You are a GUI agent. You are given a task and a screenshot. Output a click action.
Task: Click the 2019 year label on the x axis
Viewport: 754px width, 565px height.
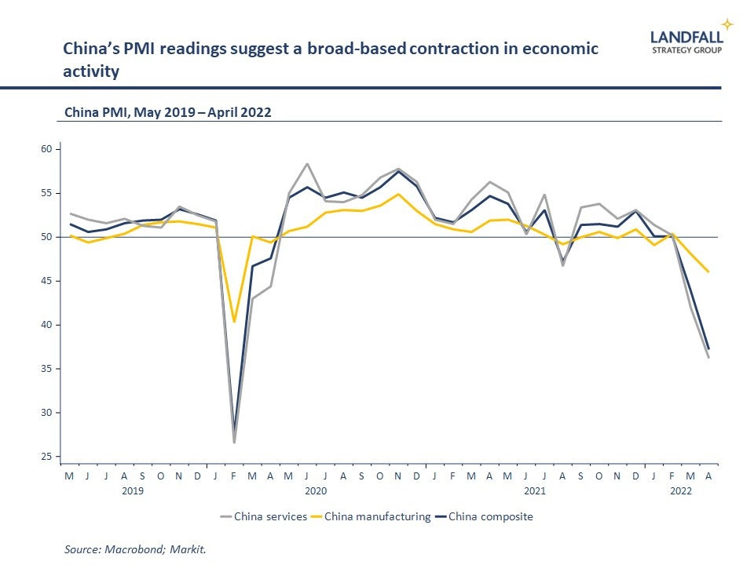pos(134,490)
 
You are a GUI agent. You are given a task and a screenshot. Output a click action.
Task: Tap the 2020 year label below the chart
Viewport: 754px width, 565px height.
pos(316,490)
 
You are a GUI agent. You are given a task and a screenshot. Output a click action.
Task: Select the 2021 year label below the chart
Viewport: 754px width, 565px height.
pos(535,490)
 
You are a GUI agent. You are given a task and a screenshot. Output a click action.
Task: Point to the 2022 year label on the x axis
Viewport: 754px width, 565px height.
pos(680,490)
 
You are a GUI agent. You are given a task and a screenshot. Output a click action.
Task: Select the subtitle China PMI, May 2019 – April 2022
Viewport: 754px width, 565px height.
pos(167,112)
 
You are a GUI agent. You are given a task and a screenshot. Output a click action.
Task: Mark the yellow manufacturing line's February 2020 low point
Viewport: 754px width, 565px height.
pos(234,322)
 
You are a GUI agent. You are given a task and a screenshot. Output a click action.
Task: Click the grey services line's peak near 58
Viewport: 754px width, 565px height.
pos(306,164)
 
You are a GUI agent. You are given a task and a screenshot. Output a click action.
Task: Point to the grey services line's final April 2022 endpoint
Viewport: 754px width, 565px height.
pos(708,358)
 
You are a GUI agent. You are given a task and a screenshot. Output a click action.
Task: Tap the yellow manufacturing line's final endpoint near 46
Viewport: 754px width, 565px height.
pos(708,272)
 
